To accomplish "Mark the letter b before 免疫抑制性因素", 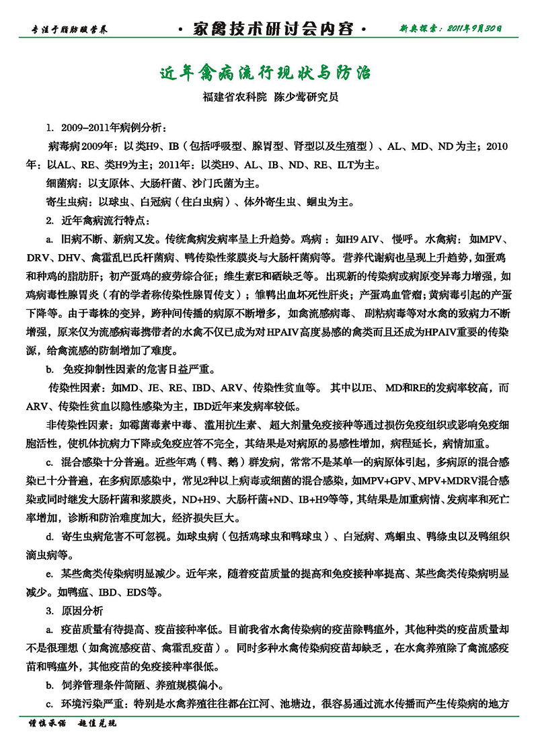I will [49, 369].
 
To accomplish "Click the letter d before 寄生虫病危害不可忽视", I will [49, 536].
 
